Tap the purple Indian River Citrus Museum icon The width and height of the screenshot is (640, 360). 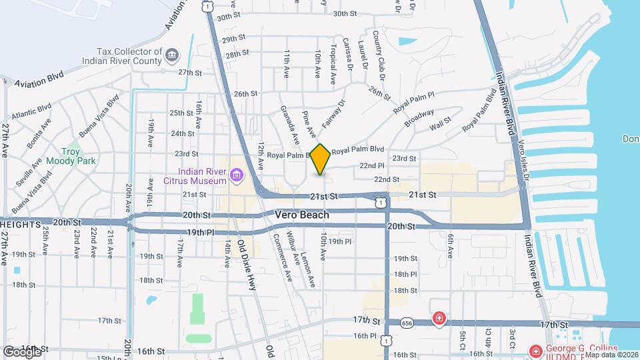tap(235, 175)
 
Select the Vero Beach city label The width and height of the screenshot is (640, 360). tap(302, 215)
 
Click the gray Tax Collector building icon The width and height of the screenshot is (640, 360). tap(171, 53)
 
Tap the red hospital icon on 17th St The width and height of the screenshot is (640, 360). tap(439, 319)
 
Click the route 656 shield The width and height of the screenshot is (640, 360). tap(407, 323)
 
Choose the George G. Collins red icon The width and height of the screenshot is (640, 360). tap(535, 351)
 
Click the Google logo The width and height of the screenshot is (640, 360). tap(22, 351)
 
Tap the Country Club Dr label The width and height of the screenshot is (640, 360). tap(377, 53)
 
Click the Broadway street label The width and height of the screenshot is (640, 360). tap(419, 119)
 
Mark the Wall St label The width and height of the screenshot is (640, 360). tap(440, 124)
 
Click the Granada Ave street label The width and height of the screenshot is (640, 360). tap(289, 125)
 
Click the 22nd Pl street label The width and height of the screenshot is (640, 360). tap(372, 165)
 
